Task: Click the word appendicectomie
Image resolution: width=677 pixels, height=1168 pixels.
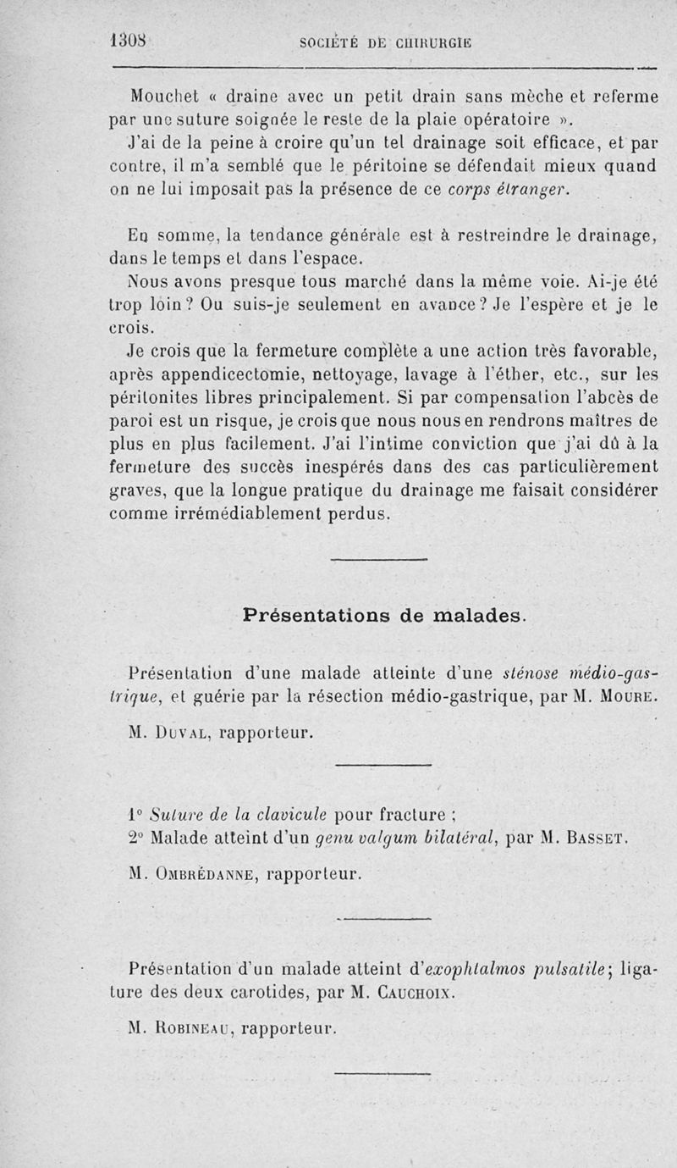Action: point(215,369)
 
